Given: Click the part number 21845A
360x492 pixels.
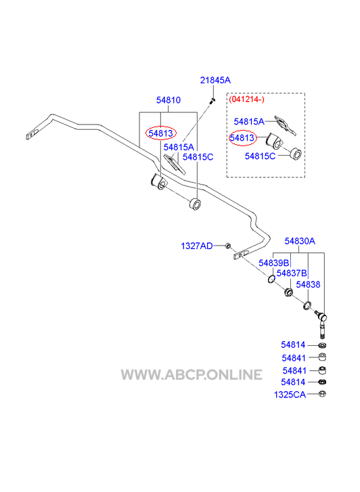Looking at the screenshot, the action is (x=215, y=81).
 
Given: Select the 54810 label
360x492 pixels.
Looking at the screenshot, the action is (x=168, y=100).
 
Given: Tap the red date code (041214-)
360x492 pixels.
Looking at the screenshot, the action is (x=246, y=99).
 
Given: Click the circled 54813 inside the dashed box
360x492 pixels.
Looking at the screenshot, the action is (x=242, y=138).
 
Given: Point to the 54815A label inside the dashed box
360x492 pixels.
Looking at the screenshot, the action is (x=249, y=122).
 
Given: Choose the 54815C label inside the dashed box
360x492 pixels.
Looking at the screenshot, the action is (x=260, y=156).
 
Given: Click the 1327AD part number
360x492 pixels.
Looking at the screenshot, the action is (x=197, y=246).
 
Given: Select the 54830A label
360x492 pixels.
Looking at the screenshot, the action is (x=300, y=241).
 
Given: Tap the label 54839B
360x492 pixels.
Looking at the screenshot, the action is (x=273, y=263).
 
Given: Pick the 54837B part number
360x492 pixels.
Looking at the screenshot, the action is (x=292, y=273).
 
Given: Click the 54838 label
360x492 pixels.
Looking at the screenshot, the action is (x=308, y=285).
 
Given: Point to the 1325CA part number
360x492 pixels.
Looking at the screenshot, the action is (x=290, y=395).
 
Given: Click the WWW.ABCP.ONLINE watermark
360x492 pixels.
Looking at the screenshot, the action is (x=192, y=375).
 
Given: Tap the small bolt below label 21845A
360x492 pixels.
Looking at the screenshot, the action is (x=213, y=101).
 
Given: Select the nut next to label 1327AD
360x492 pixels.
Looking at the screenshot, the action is (x=228, y=246).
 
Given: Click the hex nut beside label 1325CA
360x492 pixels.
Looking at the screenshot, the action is (x=322, y=394).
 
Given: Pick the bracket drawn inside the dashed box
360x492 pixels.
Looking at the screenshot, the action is (x=285, y=125).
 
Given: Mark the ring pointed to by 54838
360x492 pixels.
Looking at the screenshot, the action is (x=307, y=305).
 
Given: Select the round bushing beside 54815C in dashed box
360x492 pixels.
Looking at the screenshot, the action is (x=295, y=153).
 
